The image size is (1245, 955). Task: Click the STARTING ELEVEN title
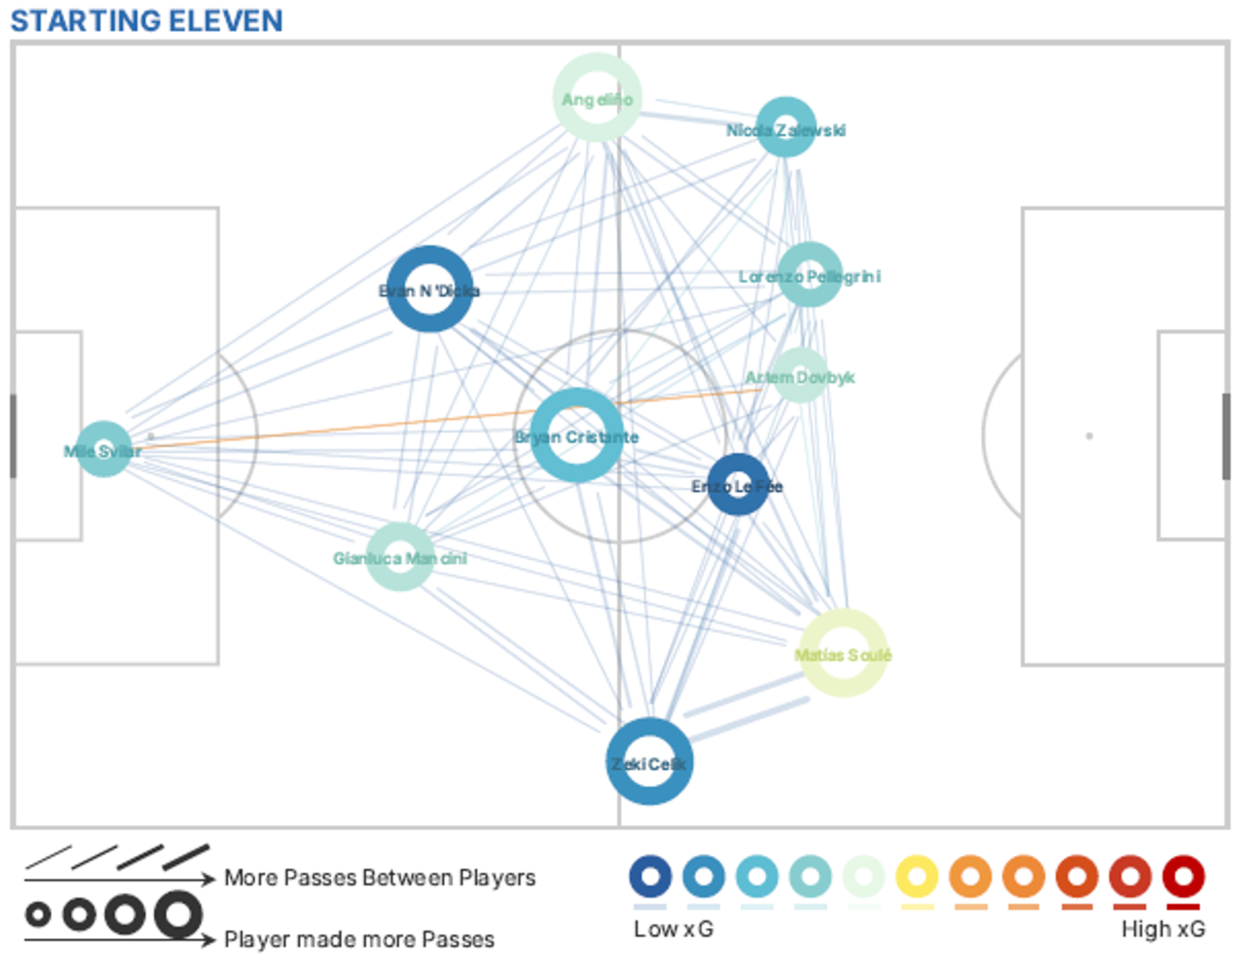click(147, 21)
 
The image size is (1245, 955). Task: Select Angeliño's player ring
click(597, 97)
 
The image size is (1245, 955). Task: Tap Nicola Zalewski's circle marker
click(785, 127)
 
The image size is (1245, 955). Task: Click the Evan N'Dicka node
click(429, 289)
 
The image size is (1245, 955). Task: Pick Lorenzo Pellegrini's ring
click(809, 274)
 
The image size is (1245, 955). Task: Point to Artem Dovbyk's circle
click(800, 375)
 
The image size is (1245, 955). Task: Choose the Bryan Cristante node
click(576, 435)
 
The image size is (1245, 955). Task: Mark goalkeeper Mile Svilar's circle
click(104, 449)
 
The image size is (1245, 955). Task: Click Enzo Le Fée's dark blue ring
click(738, 484)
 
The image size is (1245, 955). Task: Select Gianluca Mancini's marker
click(400, 556)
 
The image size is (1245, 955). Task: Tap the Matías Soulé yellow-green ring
click(843, 653)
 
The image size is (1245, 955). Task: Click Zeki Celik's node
click(649, 761)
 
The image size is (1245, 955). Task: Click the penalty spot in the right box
click(1089, 436)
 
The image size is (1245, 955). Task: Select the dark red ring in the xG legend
click(1183, 877)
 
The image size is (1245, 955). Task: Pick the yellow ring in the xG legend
click(917, 877)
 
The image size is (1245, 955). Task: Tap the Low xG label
click(673, 929)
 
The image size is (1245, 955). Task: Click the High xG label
click(1163, 929)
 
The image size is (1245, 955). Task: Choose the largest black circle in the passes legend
click(178, 914)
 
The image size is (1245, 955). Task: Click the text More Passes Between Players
click(380, 877)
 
